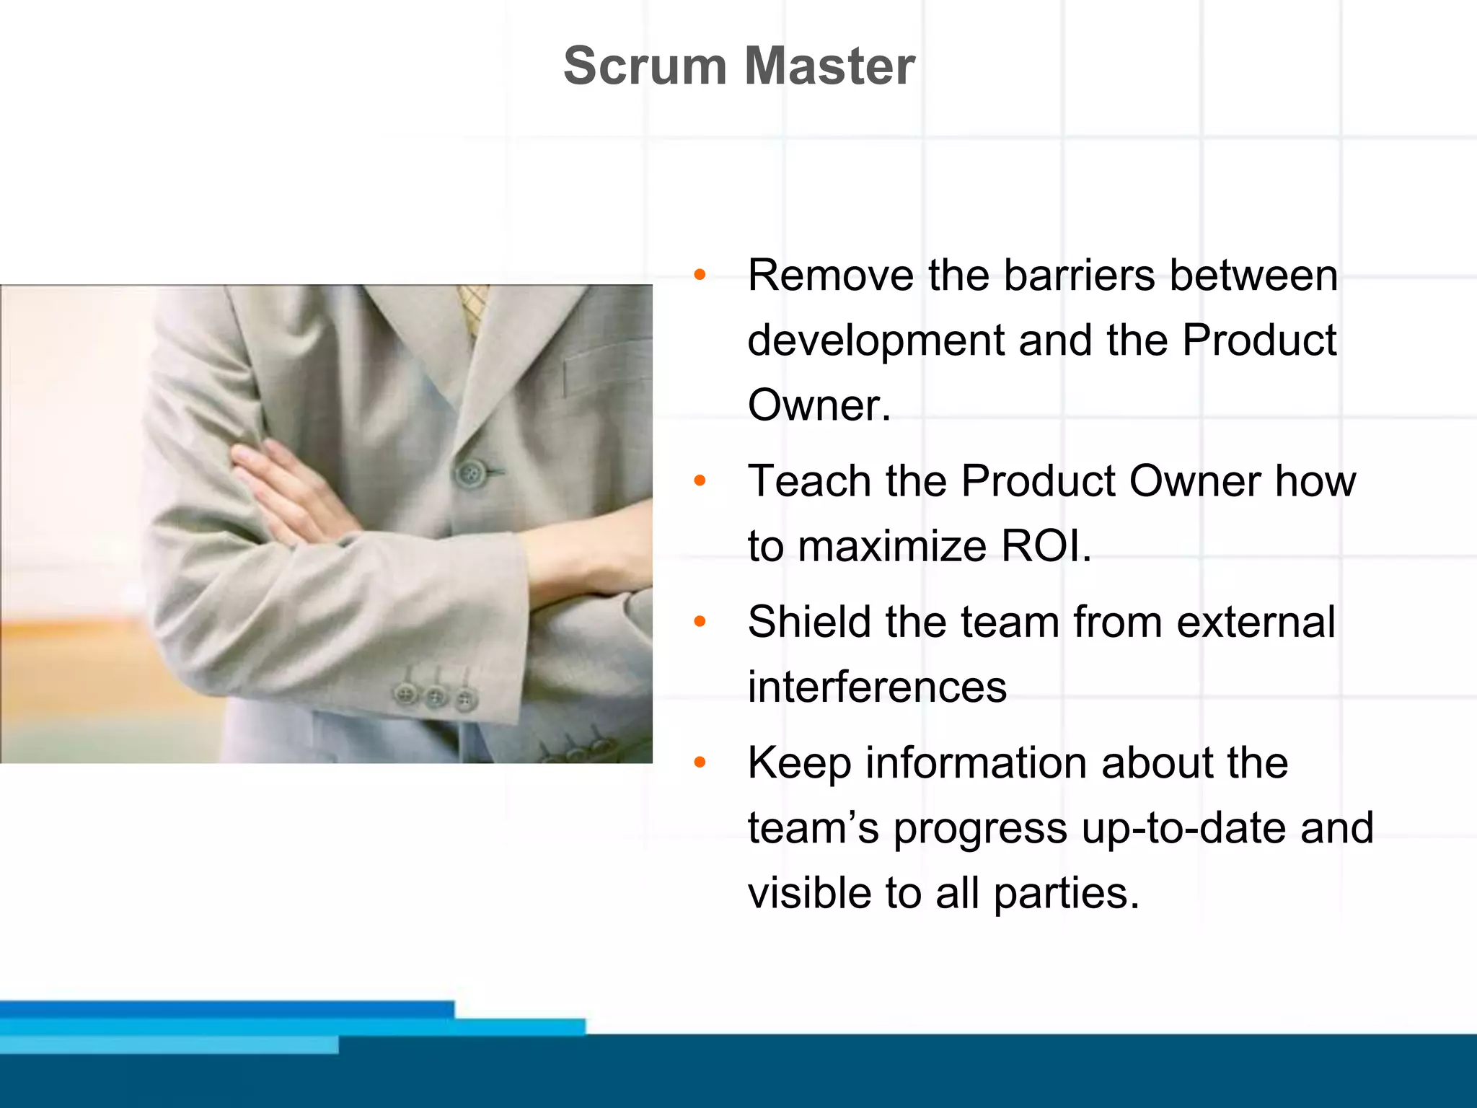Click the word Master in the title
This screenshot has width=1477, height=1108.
point(829,66)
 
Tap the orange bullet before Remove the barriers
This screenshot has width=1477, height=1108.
point(699,275)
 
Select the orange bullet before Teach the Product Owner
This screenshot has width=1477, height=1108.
point(699,480)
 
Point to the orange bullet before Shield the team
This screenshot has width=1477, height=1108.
point(699,621)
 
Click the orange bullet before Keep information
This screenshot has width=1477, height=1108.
point(699,762)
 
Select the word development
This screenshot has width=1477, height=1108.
point(876,340)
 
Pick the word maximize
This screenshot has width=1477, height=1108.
point(891,546)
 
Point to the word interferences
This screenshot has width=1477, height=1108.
point(877,687)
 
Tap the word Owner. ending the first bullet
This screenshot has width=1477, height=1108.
point(819,405)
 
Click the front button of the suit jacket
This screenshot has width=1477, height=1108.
point(471,474)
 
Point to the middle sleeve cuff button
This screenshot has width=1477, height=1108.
point(436,697)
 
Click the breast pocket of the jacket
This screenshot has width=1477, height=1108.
point(606,368)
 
